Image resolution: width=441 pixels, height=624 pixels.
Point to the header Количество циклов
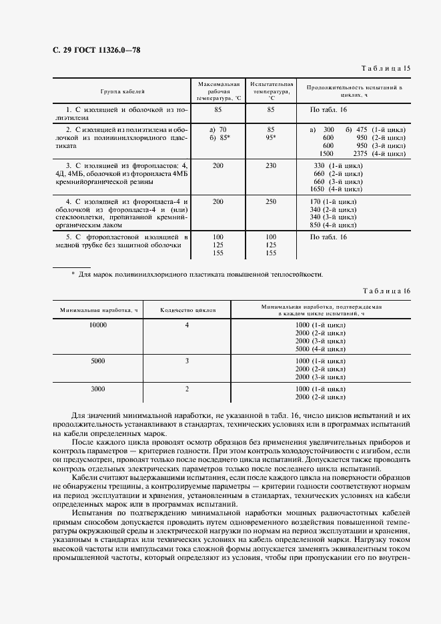pos(187,310)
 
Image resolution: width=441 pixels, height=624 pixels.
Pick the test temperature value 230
pos(271,165)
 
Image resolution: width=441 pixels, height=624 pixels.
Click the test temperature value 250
pos(271,201)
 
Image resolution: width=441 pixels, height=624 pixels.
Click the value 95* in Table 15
pos(271,137)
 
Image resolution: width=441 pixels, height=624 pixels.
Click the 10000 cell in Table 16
pos(98,325)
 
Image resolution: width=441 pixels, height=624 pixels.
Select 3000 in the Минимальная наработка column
pos(98,389)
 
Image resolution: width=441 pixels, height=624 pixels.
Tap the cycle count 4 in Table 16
pos(187,325)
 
